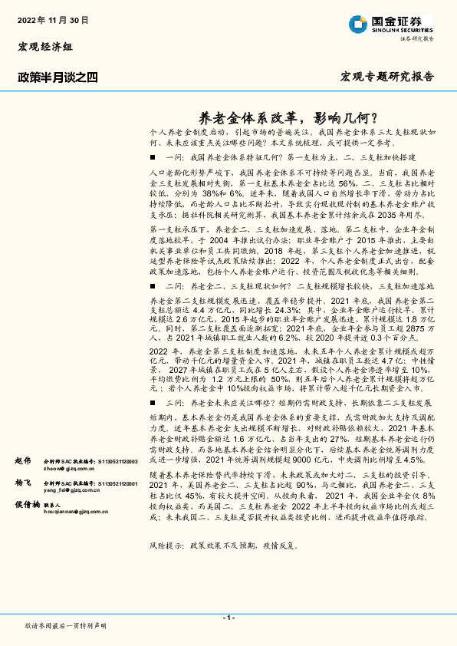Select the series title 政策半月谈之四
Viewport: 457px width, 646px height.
click(58, 77)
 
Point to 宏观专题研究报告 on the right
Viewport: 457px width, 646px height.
click(386, 77)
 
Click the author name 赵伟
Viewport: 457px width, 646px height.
click(24, 460)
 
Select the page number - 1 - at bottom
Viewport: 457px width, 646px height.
click(228, 617)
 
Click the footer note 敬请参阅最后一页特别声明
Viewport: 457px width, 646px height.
click(66, 626)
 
